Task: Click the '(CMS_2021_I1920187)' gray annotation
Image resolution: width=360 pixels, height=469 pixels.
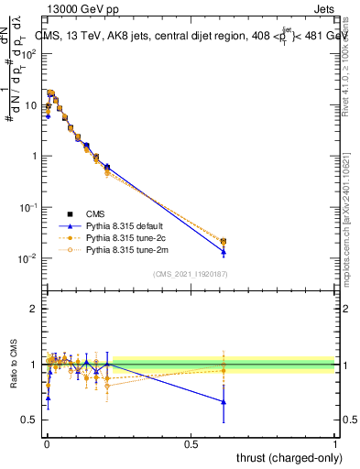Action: (x=191, y=274)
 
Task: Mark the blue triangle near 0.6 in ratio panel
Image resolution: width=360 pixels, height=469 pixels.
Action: (x=224, y=401)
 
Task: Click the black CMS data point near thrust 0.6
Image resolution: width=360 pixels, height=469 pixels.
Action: (x=224, y=241)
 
